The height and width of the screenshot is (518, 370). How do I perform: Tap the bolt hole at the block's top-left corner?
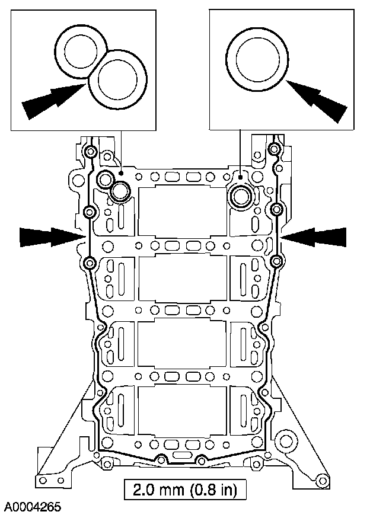click(x=90, y=152)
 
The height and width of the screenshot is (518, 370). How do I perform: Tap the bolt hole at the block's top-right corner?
click(x=274, y=148)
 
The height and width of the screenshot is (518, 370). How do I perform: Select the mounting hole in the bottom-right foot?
click(x=322, y=479)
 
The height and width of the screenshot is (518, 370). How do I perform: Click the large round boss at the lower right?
click(x=286, y=441)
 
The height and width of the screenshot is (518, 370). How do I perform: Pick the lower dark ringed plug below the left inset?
click(x=121, y=191)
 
